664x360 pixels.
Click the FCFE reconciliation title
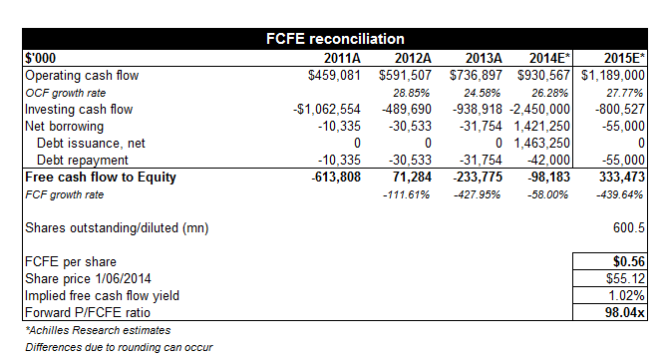(x=335, y=39)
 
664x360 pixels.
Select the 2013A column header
(x=484, y=58)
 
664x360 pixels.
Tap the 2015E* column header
(x=624, y=58)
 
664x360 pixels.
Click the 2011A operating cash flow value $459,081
(x=334, y=76)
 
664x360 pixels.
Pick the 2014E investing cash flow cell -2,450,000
(x=540, y=110)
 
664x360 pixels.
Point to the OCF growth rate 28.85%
(x=411, y=93)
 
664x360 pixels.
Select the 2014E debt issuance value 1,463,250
(x=542, y=144)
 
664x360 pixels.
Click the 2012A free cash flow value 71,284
(x=412, y=178)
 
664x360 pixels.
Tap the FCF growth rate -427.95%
(x=477, y=194)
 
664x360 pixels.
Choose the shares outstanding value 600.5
(x=629, y=227)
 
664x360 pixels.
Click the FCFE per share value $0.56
(x=629, y=261)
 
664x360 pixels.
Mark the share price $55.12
(x=625, y=278)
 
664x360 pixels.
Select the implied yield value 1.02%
(x=627, y=295)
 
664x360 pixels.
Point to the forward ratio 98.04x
(x=625, y=312)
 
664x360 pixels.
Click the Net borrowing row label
(x=65, y=127)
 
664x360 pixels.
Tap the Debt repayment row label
(x=83, y=161)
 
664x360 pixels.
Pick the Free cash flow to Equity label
(x=101, y=178)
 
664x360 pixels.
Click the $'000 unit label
(x=40, y=58)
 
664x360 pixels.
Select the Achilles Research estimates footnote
(x=98, y=330)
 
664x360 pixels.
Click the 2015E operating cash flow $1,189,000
(x=613, y=76)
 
